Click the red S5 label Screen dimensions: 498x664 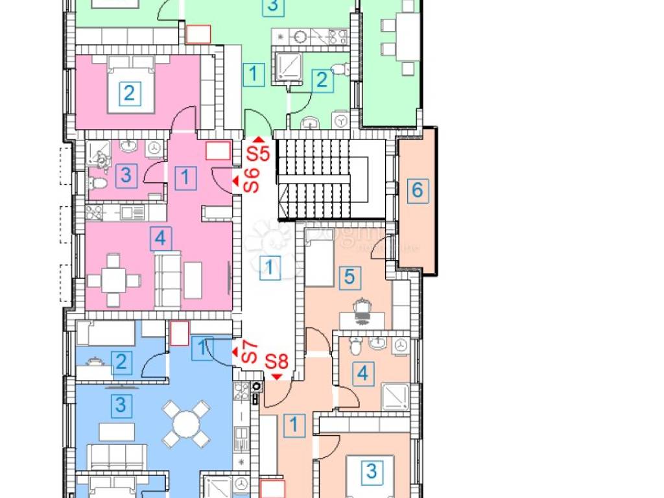point(257,154)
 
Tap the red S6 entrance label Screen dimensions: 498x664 point(251,180)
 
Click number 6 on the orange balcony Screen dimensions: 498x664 point(418,191)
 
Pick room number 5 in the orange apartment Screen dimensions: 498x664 point(349,278)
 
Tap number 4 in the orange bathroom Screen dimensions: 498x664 point(364,374)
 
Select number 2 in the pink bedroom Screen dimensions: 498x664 point(129,93)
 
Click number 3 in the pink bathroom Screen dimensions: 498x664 point(126,175)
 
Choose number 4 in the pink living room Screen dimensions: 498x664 point(160,239)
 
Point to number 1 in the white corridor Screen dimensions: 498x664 point(270,267)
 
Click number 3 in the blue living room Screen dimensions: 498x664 point(120,407)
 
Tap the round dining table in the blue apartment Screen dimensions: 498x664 point(186,424)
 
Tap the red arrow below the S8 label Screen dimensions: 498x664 point(278,376)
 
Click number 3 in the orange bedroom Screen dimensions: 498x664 point(371,470)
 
